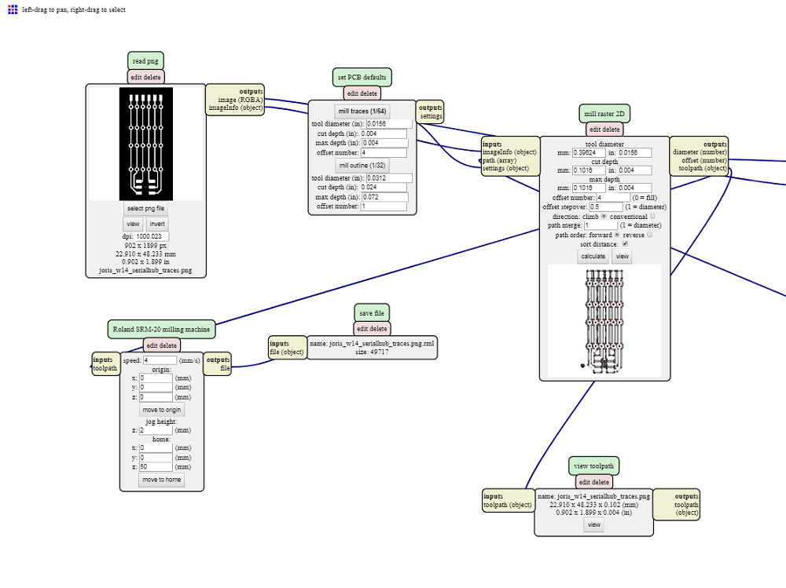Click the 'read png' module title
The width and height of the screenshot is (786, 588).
pos(145,60)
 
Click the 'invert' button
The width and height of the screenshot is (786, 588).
pos(157,224)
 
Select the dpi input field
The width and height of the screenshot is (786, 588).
pos(152,236)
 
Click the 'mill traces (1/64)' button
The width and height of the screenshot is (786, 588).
pos(362,111)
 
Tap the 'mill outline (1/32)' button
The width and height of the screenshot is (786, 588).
pos(362,166)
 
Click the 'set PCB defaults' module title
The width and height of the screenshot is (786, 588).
pos(362,77)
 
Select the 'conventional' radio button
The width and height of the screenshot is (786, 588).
pos(652,216)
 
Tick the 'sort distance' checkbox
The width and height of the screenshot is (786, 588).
pos(625,244)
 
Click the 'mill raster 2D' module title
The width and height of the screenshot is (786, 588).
pos(604,113)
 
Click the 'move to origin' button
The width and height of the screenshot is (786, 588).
pos(162,410)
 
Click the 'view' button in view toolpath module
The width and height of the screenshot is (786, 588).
pos(593,524)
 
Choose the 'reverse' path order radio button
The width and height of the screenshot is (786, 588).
pos(649,235)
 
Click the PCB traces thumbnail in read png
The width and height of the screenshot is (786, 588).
pos(145,144)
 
